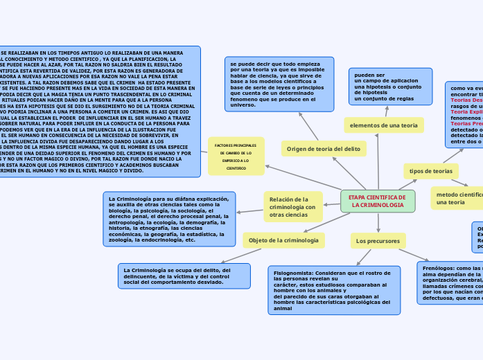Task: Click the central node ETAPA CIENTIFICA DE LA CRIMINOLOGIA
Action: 378,201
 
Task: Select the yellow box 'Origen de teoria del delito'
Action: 324,149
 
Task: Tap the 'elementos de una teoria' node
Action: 384,125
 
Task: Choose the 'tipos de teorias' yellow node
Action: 430,170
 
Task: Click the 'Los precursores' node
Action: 378,241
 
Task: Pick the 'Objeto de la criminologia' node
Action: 283,240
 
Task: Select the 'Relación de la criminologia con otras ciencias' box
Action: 292,207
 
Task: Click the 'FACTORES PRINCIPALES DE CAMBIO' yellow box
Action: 236,156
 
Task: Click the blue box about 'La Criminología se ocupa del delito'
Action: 184,276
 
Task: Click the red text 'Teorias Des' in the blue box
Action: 466,100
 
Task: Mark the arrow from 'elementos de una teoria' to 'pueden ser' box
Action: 387,111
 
